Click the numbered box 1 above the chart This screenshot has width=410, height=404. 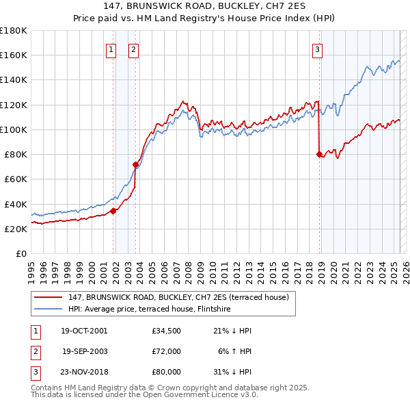111,49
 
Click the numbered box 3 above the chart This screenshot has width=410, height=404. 318,49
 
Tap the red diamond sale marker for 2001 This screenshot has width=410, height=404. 113,211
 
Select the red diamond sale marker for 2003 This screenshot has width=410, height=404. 136,164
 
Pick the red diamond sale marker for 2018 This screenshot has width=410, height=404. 319,154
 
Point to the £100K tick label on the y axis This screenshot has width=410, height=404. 14,129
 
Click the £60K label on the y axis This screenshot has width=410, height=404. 16,179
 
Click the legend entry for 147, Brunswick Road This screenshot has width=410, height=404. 178,297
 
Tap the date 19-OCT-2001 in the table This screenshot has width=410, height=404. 84,331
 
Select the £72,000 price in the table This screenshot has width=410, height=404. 166,351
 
